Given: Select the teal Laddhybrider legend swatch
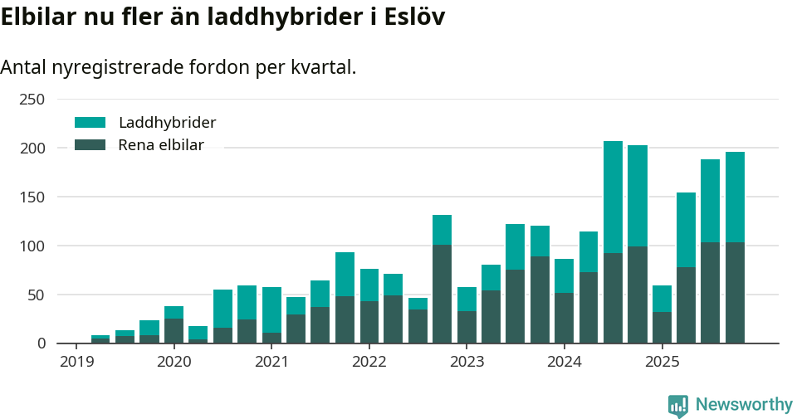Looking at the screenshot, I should [x=90, y=123].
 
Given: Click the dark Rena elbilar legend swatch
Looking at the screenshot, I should [x=90, y=145].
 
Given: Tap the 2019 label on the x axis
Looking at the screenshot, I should [x=76, y=362].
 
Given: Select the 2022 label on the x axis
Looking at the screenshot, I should [x=369, y=362].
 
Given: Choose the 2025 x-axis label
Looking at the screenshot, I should [x=663, y=362].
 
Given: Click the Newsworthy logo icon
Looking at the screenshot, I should [x=678, y=405].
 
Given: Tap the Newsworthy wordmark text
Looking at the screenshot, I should [x=744, y=405].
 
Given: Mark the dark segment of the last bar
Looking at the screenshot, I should [x=735, y=293].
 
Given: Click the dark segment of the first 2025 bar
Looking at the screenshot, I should [x=662, y=328].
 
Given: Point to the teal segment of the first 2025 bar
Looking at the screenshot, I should [x=662, y=299].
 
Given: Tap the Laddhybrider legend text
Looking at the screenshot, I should [x=167, y=123].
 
